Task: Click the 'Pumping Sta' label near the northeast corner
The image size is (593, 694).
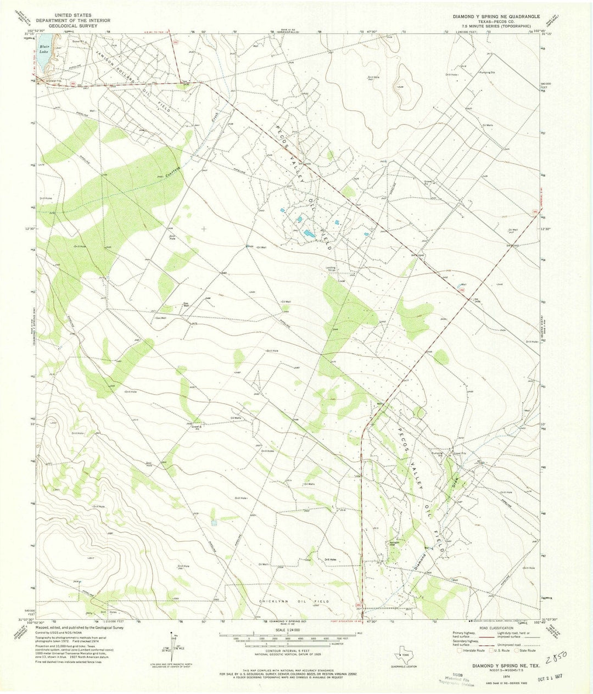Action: [487, 72]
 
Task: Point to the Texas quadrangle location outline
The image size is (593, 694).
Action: [404, 654]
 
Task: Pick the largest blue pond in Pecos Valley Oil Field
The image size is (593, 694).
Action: [310, 234]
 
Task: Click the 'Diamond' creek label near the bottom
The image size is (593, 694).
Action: [420, 559]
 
